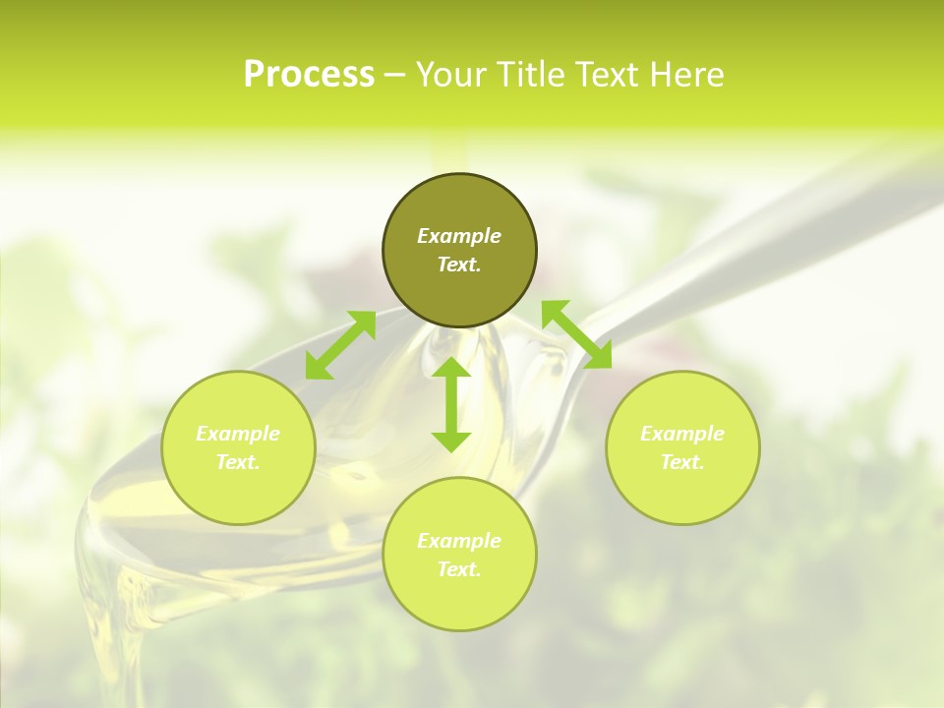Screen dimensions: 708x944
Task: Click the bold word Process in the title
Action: tap(309, 75)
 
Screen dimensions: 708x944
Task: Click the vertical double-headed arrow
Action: tap(451, 404)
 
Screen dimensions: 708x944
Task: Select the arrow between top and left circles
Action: tap(340, 345)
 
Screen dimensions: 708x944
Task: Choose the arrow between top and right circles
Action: tap(576, 334)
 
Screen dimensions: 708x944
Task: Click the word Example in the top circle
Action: tap(459, 236)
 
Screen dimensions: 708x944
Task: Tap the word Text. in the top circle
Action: tap(459, 265)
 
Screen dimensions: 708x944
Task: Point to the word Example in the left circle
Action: tap(238, 434)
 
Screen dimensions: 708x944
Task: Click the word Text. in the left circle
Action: tap(238, 462)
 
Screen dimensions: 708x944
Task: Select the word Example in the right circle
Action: tap(682, 434)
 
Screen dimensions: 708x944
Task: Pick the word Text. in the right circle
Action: tap(682, 462)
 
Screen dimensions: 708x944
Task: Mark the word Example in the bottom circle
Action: tap(459, 541)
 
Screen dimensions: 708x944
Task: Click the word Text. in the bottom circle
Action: tap(459, 569)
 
